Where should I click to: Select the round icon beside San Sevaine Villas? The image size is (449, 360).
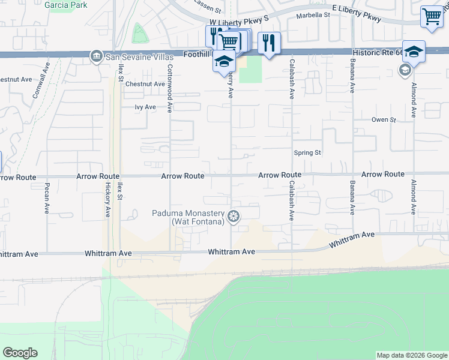pyautogui.click(x=95, y=56)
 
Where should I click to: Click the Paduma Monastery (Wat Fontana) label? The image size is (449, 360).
pyautogui.click(x=188, y=218)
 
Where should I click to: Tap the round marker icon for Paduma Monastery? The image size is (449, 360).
pyautogui.click(x=234, y=216)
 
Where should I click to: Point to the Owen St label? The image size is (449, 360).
pyautogui.click(x=384, y=120)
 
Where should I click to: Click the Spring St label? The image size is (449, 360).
pyautogui.click(x=307, y=153)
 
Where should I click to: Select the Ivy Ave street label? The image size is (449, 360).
pyautogui.click(x=145, y=107)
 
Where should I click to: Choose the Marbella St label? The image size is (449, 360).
pyautogui.click(x=316, y=16)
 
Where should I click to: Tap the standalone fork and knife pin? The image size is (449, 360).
pyautogui.click(x=269, y=43)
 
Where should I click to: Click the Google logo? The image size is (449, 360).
pyautogui.click(x=20, y=353)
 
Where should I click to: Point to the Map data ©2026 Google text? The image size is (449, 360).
pyautogui.click(x=411, y=355)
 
